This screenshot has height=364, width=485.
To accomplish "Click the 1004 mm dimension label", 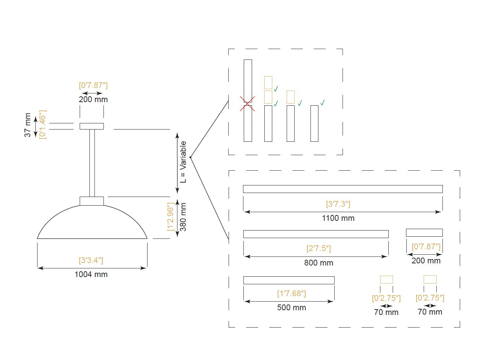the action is (x=91, y=274).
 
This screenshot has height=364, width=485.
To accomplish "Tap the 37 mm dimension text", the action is (x=28, y=125).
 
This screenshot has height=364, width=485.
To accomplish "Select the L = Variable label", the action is (x=183, y=162).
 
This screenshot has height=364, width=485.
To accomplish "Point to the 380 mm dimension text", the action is (x=183, y=217).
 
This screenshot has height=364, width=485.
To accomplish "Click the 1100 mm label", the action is (x=338, y=218).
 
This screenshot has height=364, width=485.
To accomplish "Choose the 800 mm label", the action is (x=319, y=263).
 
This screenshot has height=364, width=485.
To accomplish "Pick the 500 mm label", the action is (x=292, y=307).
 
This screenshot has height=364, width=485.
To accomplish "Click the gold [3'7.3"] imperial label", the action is (x=338, y=204).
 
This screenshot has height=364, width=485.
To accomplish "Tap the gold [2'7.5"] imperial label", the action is (x=319, y=249).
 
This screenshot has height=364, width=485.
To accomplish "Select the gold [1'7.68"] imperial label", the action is (x=292, y=294).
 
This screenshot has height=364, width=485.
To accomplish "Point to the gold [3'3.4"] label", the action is (x=91, y=260).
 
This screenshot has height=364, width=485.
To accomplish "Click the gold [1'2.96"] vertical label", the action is (x=171, y=217).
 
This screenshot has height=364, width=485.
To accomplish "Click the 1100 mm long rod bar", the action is (x=343, y=189).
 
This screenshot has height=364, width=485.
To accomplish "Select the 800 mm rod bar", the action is (x=316, y=234).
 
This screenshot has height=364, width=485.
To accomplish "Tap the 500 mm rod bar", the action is (x=289, y=280).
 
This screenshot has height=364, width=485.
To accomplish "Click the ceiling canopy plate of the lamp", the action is (x=92, y=126).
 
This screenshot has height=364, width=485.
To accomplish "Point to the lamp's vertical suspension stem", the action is (x=92, y=163).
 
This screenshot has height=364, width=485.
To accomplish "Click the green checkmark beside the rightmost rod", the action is (x=323, y=102).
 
